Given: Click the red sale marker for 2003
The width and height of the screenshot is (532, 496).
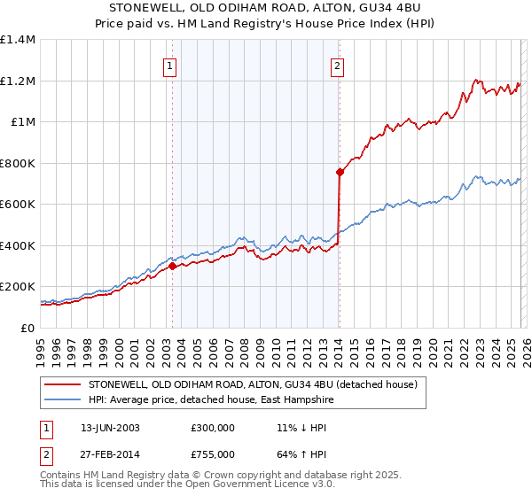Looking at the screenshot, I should [x=172, y=266].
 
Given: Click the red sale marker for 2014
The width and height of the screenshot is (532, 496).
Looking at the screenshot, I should [x=340, y=173].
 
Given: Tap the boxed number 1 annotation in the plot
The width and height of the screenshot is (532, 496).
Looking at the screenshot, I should [x=169, y=65].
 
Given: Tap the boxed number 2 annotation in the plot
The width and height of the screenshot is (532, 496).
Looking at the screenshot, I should [x=338, y=65].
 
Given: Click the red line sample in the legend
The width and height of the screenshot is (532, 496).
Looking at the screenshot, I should [x=63, y=385].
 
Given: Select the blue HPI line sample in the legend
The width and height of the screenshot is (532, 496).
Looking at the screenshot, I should [x=63, y=400].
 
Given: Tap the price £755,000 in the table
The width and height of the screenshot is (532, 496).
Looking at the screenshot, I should [x=214, y=453].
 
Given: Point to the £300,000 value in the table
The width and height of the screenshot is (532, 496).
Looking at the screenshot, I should [x=214, y=427].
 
